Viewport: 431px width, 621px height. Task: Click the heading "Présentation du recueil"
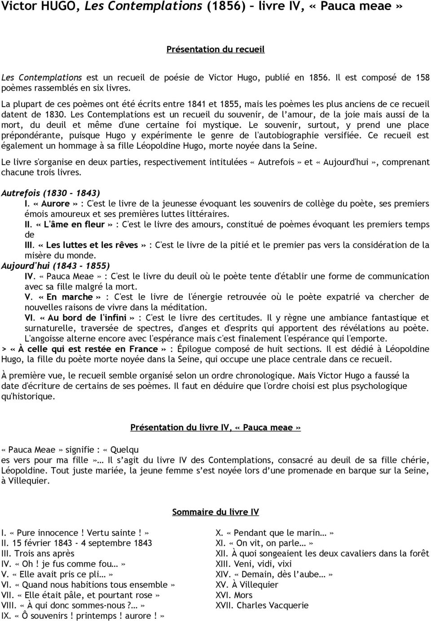pyautogui.click(x=215, y=49)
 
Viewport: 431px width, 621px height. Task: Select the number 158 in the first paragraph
pyautogui.click(x=422, y=77)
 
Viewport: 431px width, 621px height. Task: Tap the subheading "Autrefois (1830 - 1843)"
pyautogui.click(x=50, y=193)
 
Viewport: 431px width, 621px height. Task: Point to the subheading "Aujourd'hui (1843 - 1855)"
pyautogui.click(x=56, y=266)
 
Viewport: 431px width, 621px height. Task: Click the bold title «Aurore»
pyautogui.click(x=55, y=204)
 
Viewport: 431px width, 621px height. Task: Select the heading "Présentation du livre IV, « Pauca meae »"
pyautogui.click(x=215, y=427)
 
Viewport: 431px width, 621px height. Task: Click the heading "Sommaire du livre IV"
pyautogui.click(x=215, y=512)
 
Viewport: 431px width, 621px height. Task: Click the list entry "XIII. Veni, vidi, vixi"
pyautogui.click(x=254, y=564)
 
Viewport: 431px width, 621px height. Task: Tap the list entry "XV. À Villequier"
pyautogui.click(x=247, y=585)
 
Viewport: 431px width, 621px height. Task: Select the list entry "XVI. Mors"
pyautogui.click(x=234, y=595)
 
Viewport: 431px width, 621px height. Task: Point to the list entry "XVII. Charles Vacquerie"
pyautogui.click(x=262, y=605)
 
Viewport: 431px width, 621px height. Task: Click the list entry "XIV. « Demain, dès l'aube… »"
pyautogui.click(x=274, y=574)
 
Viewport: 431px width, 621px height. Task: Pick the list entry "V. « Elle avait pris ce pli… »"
pyautogui.click(x=57, y=574)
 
